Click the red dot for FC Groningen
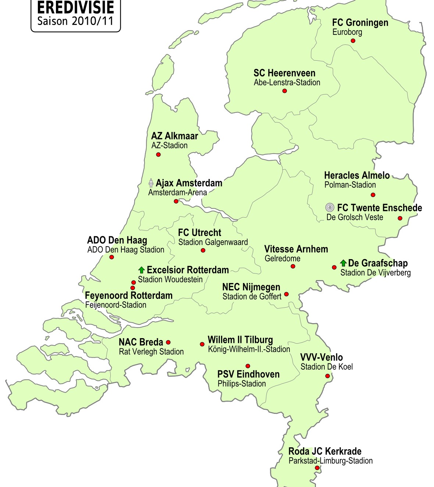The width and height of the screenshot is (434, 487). click(353, 41)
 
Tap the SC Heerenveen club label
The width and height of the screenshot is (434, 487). click(284, 73)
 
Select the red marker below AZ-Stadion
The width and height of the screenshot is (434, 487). click(158, 154)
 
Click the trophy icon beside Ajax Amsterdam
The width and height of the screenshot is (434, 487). click(151, 183)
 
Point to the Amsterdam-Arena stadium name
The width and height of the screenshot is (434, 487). click(177, 192)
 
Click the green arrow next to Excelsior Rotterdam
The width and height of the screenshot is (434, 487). click(142, 270)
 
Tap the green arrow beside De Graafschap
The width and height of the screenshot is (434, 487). click(343, 263)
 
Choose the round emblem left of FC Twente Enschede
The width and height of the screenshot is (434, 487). click(330, 208)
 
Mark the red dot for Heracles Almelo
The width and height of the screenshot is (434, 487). click(373, 195)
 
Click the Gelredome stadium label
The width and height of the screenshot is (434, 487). click(282, 258)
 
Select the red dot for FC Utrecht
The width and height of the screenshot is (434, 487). click(203, 250)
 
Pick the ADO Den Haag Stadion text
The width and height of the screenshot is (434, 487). click(126, 250)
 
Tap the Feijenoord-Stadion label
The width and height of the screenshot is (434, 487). click(115, 305)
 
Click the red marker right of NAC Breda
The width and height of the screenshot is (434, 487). click(168, 343)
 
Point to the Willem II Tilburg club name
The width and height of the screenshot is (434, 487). click(240, 340)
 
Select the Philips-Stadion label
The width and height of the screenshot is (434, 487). click(242, 383)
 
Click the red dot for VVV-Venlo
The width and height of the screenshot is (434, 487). click(327, 376)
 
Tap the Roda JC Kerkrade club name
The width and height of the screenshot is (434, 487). click(325, 451)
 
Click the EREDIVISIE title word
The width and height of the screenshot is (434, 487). click(75, 8)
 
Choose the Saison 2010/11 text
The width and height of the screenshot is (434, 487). click(75, 21)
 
